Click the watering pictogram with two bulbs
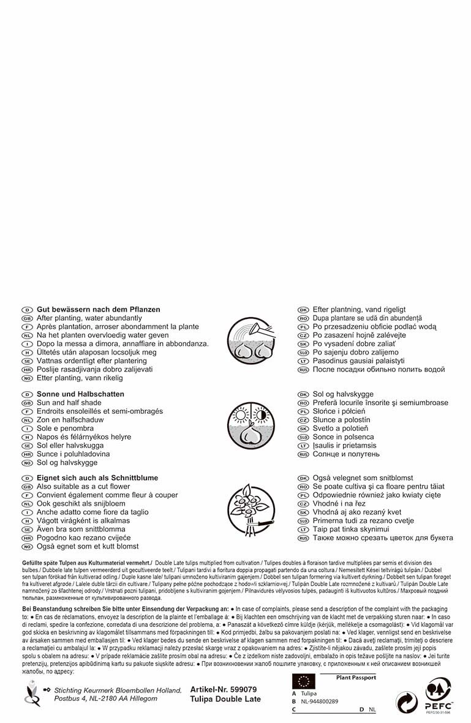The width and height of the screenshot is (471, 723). coord(252,340)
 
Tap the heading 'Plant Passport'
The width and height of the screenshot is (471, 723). coord(356,678)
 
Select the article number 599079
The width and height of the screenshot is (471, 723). coord(224,689)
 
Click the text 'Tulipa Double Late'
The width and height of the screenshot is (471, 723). coord(225,699)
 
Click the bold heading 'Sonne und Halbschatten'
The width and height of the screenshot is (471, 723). coord(80,394)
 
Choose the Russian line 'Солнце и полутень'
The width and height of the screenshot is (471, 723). coord(346,454)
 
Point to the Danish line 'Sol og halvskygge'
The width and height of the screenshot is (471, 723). coord(343,394)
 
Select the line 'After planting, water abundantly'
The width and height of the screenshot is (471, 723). coord(89,318)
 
